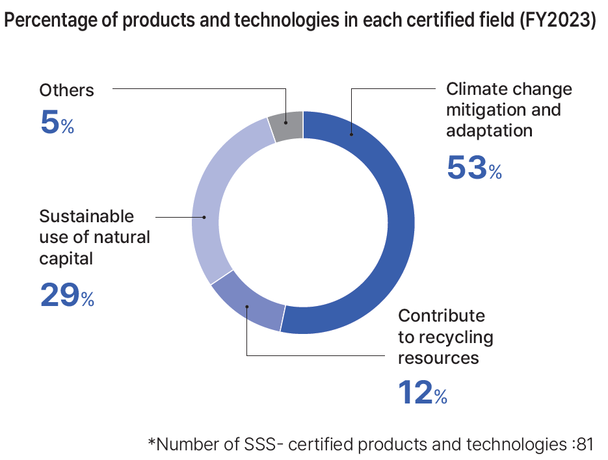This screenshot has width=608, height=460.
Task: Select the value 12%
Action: [x=422, y=392]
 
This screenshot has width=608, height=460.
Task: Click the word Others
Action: [x=66, y=90]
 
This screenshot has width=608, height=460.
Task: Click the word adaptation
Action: [x=489, y=131]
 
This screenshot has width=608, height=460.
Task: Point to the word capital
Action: [x=66, y=259]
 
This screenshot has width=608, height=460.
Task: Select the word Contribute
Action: [x=442, y=316]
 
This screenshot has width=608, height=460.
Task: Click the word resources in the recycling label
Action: [x=438, y=358]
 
